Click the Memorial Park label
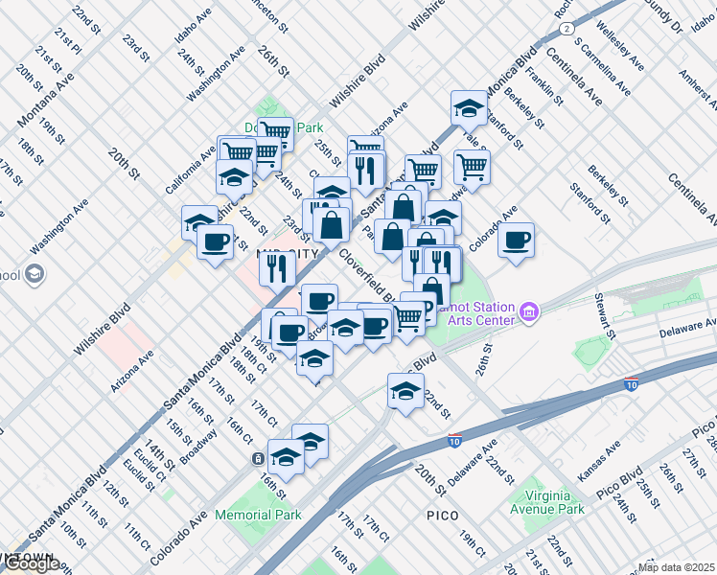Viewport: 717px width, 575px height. [x=259, y=515]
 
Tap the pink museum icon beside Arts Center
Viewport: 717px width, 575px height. [x=528, y=310]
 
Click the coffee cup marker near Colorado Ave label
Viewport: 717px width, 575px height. [x=516, y=240]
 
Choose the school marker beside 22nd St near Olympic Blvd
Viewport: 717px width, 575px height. [x=405, y=390]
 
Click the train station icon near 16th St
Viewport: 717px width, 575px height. [x=259, y=459]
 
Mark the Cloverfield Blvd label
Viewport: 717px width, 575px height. [x=366, y=276]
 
